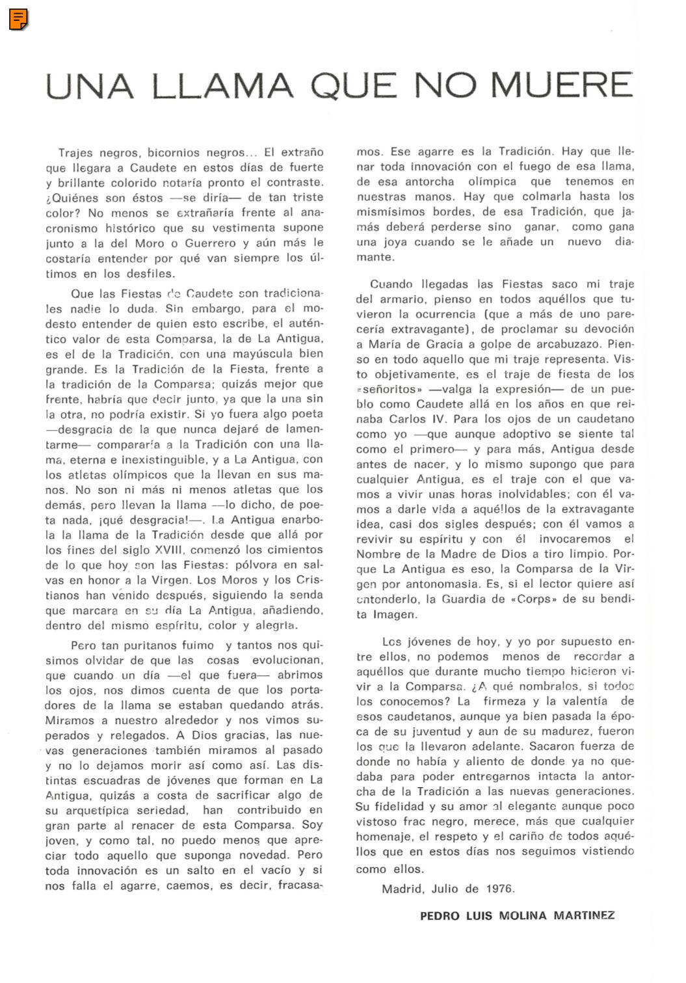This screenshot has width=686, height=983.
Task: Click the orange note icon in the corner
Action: [18, 20]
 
